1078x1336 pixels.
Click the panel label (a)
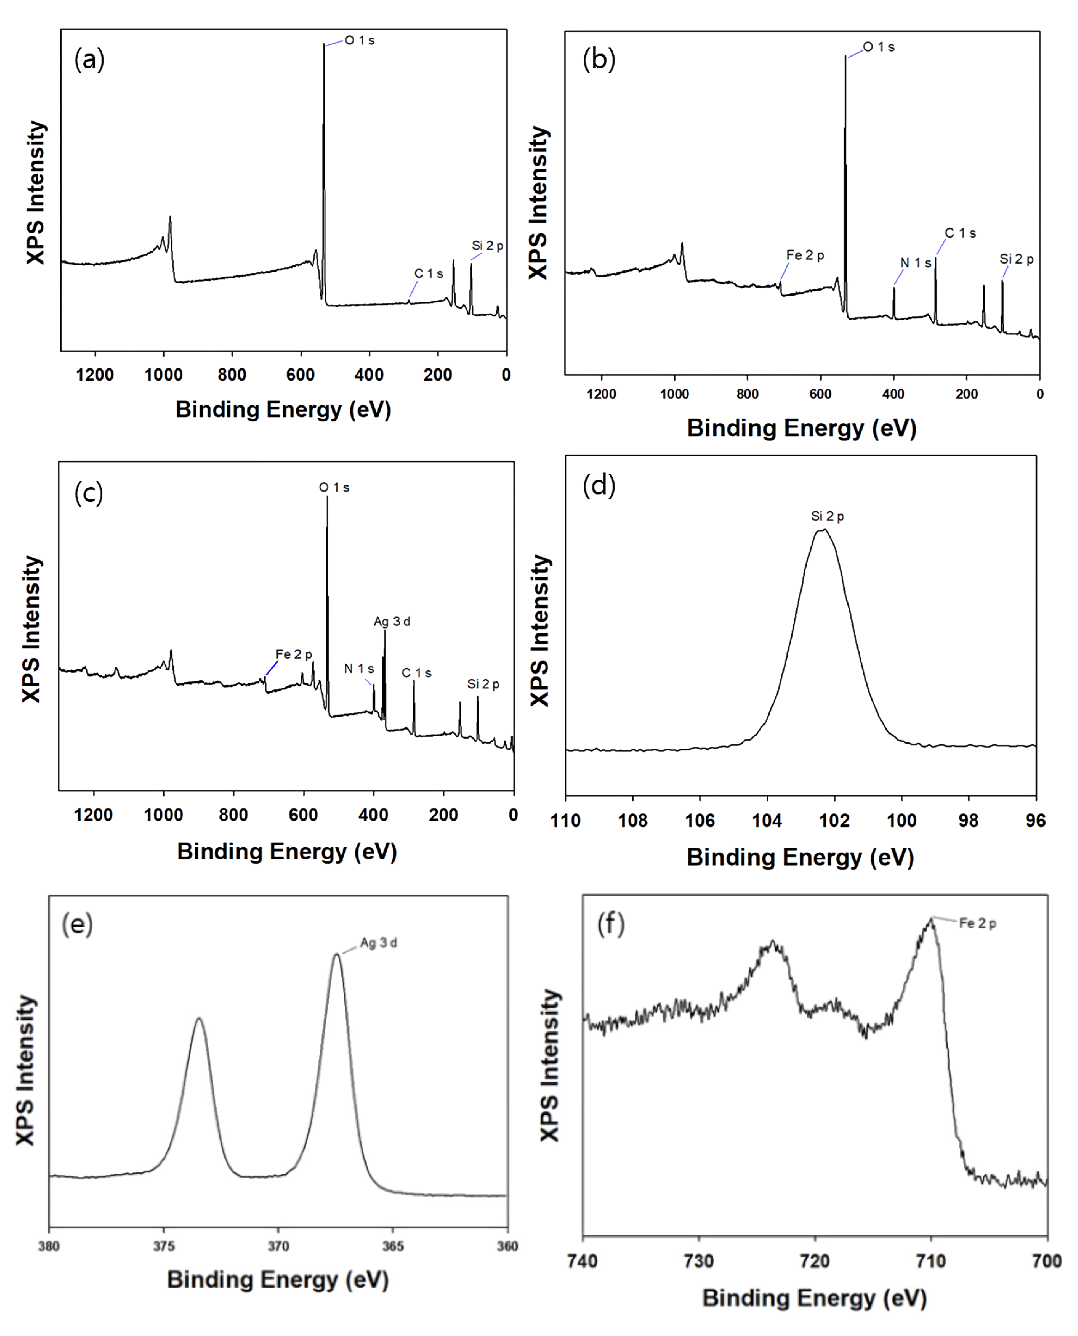click(89, 60)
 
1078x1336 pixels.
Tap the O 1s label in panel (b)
click(879, 47)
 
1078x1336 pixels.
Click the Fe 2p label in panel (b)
click(805, 255)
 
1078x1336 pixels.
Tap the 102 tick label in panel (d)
click(834, 821)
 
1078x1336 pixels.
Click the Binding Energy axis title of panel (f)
click(814, 1298)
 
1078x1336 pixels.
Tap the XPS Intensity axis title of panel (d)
click(540, 630)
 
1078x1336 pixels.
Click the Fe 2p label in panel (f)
click(977, 924)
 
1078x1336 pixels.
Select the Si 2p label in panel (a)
click(488, 246)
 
